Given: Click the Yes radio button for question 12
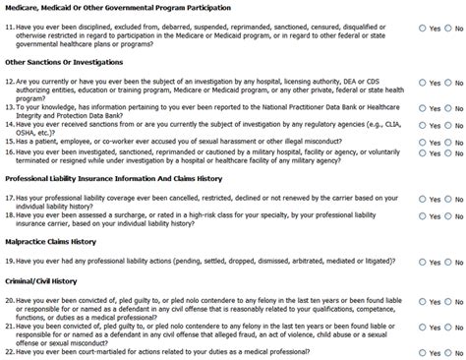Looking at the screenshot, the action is coord(422,83).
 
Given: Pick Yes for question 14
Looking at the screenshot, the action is coord(422,126).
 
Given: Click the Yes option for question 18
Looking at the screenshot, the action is coord(422,214).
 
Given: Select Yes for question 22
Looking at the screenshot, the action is coord(422,350).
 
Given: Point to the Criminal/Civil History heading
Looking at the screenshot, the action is coord(41,283).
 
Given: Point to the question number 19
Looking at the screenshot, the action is coord(10,261).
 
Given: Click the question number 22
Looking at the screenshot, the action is coord(10,350).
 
